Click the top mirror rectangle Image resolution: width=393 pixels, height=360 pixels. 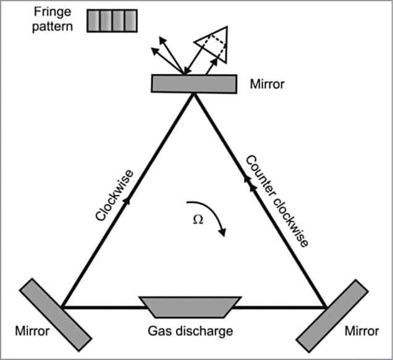194,84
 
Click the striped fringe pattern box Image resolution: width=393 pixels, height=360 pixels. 111,20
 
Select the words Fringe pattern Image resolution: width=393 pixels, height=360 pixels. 53,20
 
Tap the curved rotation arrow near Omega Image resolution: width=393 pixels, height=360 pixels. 213,216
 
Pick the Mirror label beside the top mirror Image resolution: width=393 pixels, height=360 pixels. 268,84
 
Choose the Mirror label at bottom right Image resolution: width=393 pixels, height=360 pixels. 362,332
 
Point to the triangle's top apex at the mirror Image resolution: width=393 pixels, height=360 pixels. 194,93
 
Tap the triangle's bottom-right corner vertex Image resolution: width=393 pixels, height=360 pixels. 326,306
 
